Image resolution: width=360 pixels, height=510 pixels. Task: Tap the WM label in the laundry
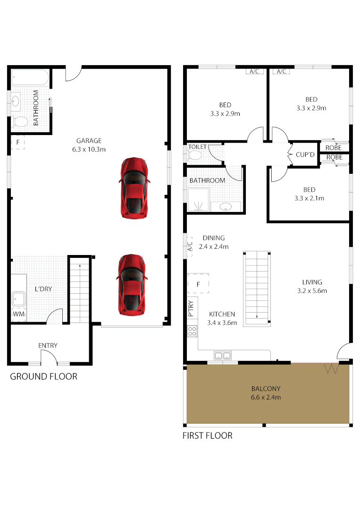[18, 314]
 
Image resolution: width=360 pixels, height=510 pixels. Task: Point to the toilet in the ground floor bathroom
[20, 122]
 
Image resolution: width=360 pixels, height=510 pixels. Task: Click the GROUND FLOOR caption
[43, 376]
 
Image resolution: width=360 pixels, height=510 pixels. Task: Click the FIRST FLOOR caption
[207, 435]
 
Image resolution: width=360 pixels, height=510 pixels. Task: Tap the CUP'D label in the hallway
[305, 154]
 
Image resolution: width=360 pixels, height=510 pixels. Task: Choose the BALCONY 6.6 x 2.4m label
[266, 393]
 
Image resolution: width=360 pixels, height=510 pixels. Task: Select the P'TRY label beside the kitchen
[191, 308]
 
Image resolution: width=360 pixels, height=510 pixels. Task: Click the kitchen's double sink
[222, 355]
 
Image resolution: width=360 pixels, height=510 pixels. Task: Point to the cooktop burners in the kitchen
[192, 331]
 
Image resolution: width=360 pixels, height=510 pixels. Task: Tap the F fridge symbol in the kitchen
[198, 284]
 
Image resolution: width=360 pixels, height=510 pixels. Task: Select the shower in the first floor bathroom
[198, 201]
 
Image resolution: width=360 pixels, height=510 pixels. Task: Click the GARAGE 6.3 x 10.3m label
[89, 145]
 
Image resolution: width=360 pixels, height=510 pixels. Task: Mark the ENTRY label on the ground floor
[48, 346]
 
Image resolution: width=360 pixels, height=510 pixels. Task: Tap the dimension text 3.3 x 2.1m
[309, 198]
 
